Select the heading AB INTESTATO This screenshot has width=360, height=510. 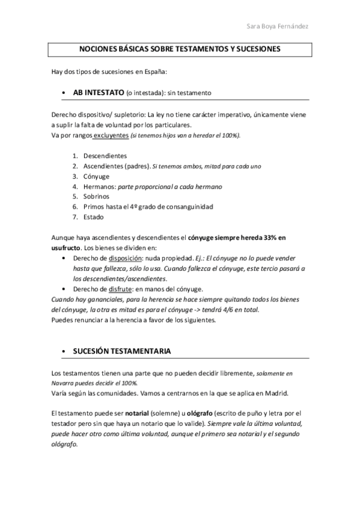tap(99, 93)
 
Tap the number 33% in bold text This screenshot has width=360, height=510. tap(270, 238)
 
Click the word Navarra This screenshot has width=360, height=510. tap(66, 382)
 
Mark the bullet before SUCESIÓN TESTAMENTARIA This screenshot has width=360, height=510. tap(63, 351)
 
